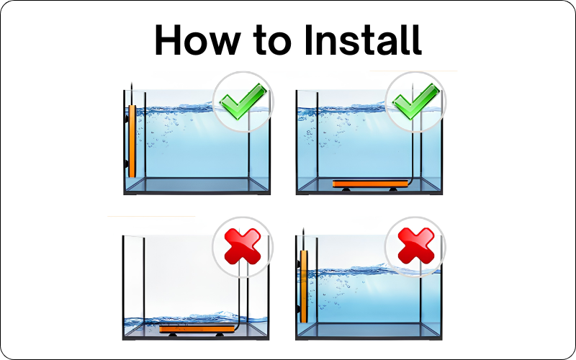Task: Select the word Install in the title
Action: click(x=363, y=40)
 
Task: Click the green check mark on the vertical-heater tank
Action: click(x=243, y=101)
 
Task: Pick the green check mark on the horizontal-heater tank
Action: click(x=416, y=101)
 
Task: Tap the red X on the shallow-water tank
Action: click(x=243, y=246)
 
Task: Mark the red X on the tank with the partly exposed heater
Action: click(x=416, y=246)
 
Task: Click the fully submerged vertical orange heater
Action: click(x=132, y=141)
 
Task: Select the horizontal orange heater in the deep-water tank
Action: click(x=370, y=184)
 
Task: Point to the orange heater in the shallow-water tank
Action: click(x=197, y=329)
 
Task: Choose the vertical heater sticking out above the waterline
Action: click(x=304, y=286)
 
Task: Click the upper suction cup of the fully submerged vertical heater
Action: click(x=127, y=118)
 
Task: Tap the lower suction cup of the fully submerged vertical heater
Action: click(x=127, y=163)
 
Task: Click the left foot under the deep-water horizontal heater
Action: click(x=346, y=189)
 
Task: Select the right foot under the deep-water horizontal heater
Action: click(x=393, y=189)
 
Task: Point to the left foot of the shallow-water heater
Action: click(x=173, y=335)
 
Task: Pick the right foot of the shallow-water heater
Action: click(x=220, y=335)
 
